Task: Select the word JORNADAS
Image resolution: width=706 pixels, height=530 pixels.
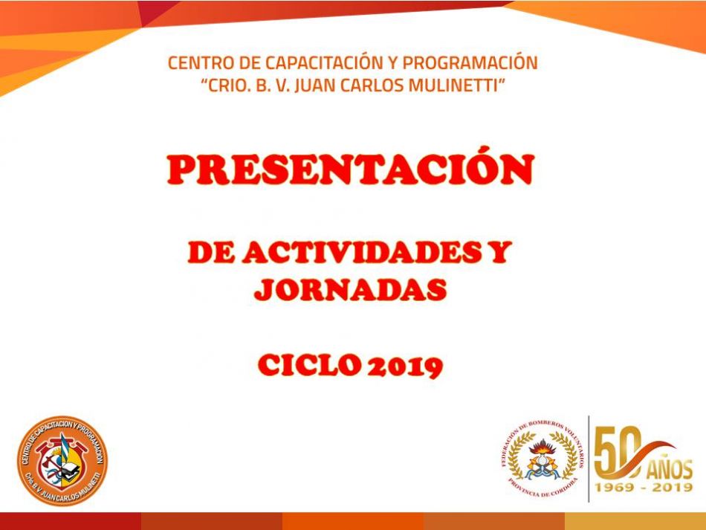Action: (350, 289)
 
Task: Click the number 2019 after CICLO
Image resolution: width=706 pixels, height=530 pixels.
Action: (405, 366)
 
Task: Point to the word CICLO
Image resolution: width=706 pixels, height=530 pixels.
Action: (309, 365)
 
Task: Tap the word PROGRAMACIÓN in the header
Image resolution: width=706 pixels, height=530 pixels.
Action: (470, 62)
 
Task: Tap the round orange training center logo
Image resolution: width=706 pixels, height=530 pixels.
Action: (62, 460)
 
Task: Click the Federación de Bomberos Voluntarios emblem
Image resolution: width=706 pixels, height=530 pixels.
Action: (543, 459)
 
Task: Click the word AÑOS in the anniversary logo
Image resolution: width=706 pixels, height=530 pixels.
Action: (670, 469)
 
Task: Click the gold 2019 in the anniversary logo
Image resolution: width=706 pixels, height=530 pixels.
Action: (673, 487)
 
